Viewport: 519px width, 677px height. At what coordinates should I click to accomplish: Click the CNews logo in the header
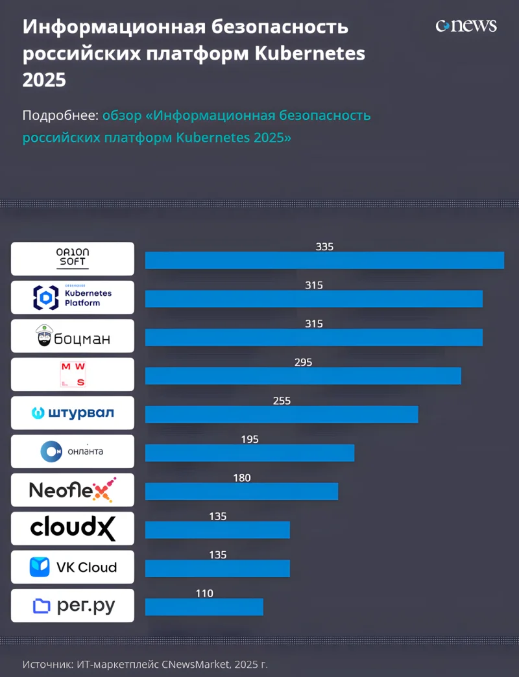[x=466, y=26]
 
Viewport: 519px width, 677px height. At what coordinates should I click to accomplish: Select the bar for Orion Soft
[x=324, y=260]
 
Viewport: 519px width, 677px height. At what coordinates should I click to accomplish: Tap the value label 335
[x=324, y=247]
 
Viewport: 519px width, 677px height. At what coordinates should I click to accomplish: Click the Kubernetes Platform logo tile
[x=73, y=297]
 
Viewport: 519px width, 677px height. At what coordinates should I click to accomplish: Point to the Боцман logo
[x=73, y=336]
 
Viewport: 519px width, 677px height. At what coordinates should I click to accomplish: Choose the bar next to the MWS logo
[x=303, y=375]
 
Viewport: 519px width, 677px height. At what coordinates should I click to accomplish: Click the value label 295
[x=303, y=362]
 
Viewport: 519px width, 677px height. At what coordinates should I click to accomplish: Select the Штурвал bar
[x=282, y=414]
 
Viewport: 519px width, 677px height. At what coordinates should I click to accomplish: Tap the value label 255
[x=282, y=401]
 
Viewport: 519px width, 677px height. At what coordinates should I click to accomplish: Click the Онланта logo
[x=73, y=451]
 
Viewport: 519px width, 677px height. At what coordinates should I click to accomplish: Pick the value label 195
[x=250, y=440]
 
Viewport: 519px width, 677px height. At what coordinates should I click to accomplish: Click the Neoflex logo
[x=73, y=490]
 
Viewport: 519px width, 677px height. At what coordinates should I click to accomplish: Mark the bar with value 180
[x=241, y=491]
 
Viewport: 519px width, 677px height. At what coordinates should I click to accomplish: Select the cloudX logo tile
[x=73, y=529]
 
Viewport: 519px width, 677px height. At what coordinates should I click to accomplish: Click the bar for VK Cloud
[x=217, y=568]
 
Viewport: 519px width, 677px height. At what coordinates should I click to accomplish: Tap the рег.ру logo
[x=73, y=606]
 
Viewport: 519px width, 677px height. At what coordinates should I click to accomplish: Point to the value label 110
[x=204, y=593]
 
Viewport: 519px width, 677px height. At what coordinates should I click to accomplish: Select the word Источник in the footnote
[x=46, y=664]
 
